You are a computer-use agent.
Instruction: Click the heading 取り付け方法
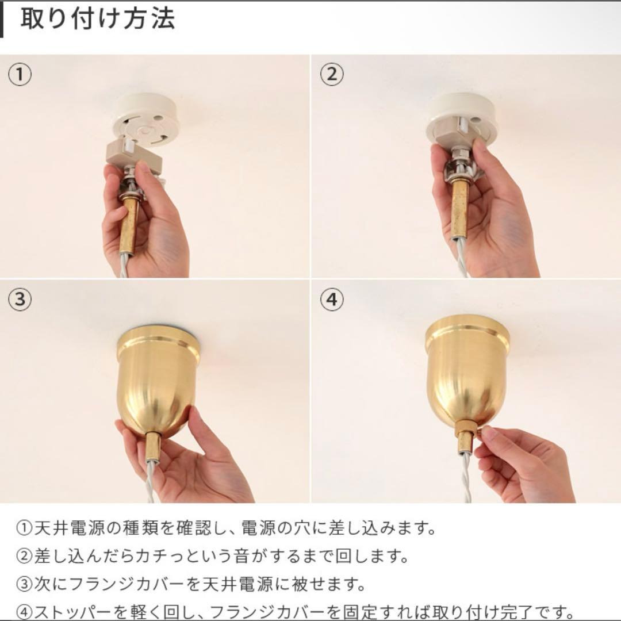(97, 18)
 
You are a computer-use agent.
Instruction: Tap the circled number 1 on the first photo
(20, 75)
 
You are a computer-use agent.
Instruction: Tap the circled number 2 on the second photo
(332, 75)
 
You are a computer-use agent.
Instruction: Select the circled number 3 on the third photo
(20, 300)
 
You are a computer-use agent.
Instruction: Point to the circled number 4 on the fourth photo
(332, 300)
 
